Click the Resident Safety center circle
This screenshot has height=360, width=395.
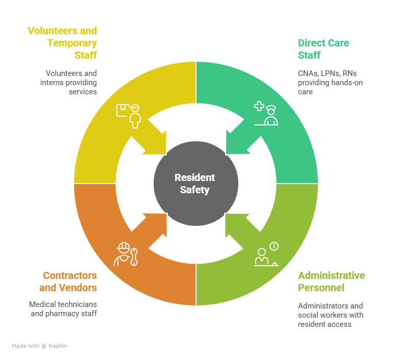196,184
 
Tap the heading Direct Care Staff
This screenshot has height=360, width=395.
324,48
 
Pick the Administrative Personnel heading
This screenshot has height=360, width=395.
331,281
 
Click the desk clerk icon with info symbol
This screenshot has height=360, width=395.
266,254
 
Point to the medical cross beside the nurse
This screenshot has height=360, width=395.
259,107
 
